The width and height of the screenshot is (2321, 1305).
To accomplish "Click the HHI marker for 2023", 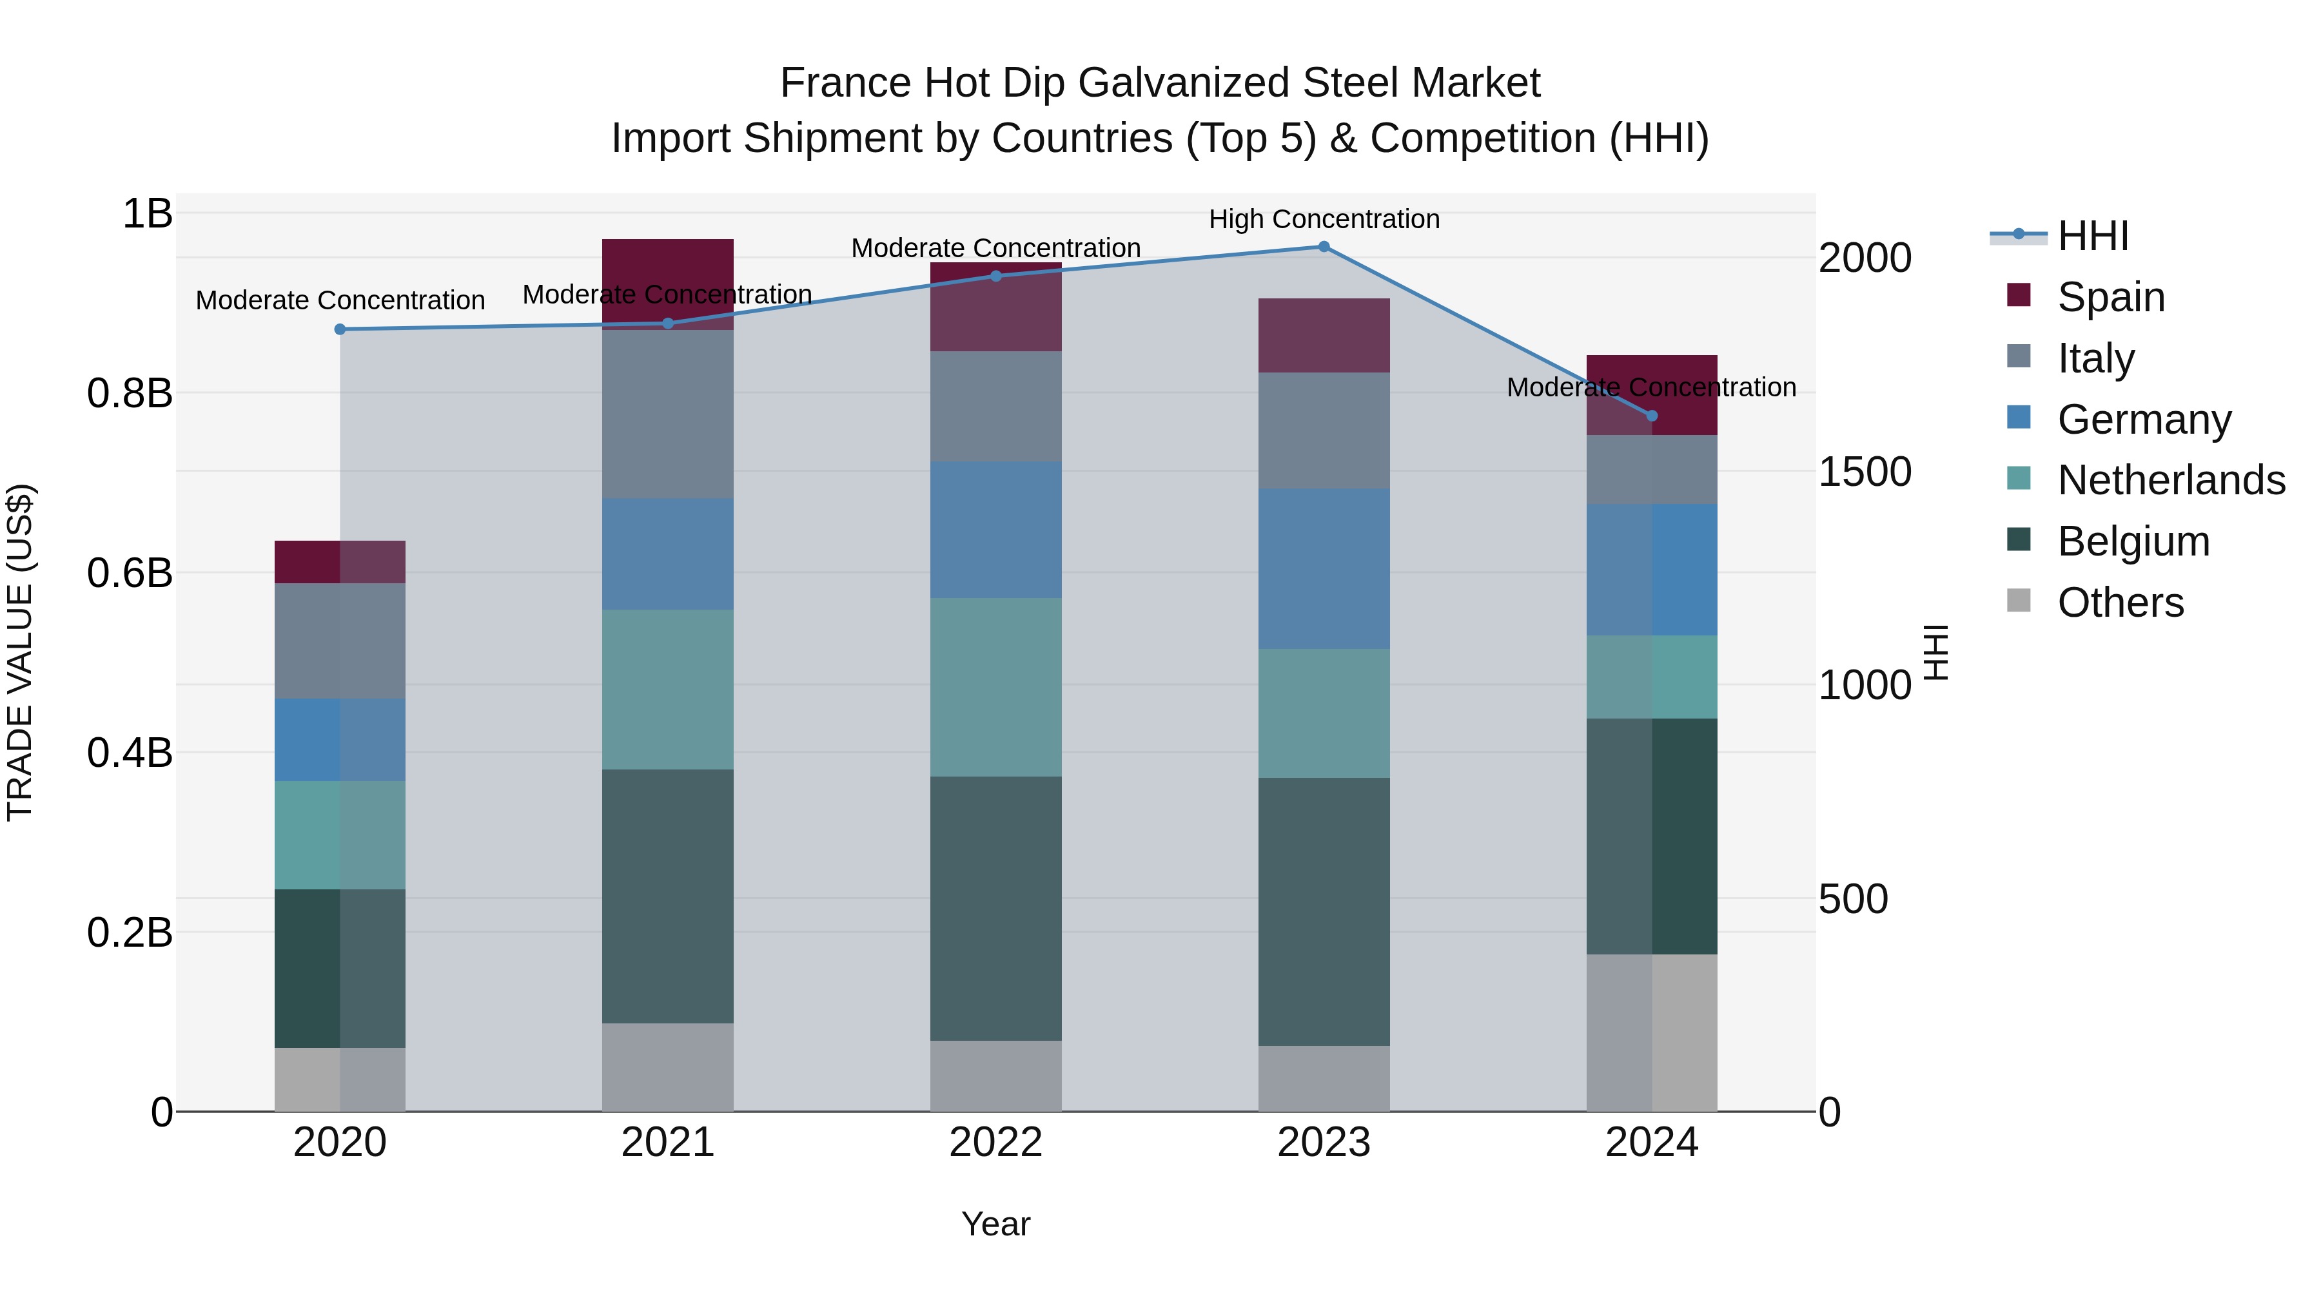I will click(1324, 247).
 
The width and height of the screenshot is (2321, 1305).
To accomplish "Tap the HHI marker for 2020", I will click(340, 329).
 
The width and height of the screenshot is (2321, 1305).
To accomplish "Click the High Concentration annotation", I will click(1324, 219).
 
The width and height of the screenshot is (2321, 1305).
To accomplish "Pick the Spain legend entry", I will click(2110, 297).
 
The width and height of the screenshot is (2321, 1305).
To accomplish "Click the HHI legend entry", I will click(2092, 236).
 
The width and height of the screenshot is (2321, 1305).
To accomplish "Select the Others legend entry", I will click(2119, 603).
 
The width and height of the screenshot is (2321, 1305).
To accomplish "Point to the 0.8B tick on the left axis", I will click(130, 394).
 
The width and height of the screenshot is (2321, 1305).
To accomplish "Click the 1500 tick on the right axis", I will click(1864, 472).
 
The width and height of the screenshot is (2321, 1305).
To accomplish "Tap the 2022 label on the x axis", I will click(995, 1143).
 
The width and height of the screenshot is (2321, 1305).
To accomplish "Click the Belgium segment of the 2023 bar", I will click(1324, 911).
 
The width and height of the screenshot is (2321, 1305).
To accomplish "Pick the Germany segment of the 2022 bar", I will click(995, 530).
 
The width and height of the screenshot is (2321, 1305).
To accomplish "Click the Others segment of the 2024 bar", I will click(1652, 1033).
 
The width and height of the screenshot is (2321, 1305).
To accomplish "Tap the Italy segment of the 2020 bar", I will click(340, 641).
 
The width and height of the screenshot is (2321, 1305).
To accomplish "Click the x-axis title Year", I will click(995, 1224).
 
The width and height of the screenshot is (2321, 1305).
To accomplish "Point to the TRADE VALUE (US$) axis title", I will click(21, 652).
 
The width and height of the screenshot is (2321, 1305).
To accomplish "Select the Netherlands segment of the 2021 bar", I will click(668, 690).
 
